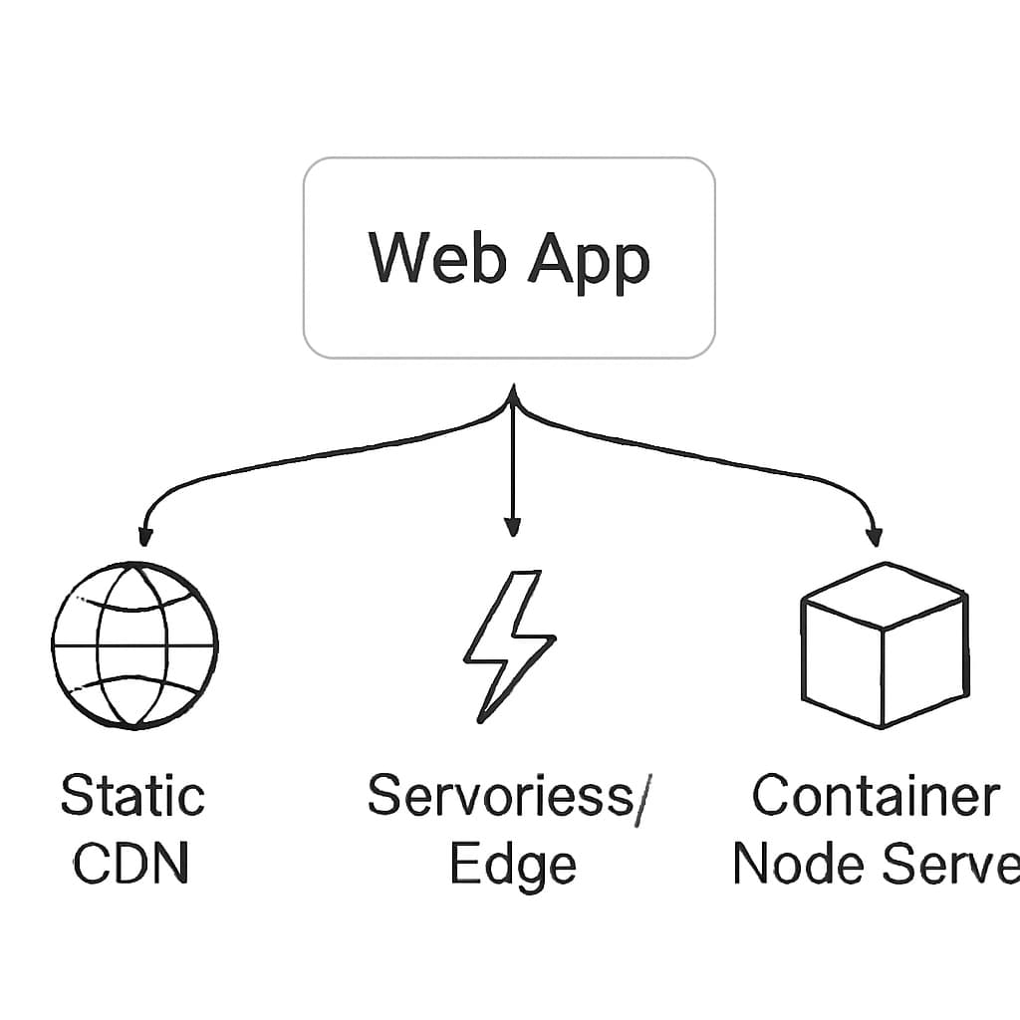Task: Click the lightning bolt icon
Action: click(508, 644)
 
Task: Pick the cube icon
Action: click(884, 644)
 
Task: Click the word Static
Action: click(132, 797)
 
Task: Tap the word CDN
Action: click(130, 865)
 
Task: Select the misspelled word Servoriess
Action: click(498, 797)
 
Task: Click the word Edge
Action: click(512, 866)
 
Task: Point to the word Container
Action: click(876, 797)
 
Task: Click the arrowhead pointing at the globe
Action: click(145, 536)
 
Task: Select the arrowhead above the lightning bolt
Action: click(512, 525)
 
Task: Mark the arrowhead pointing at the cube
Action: click(875, 536)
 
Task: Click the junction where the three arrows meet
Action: click(512, 398)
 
